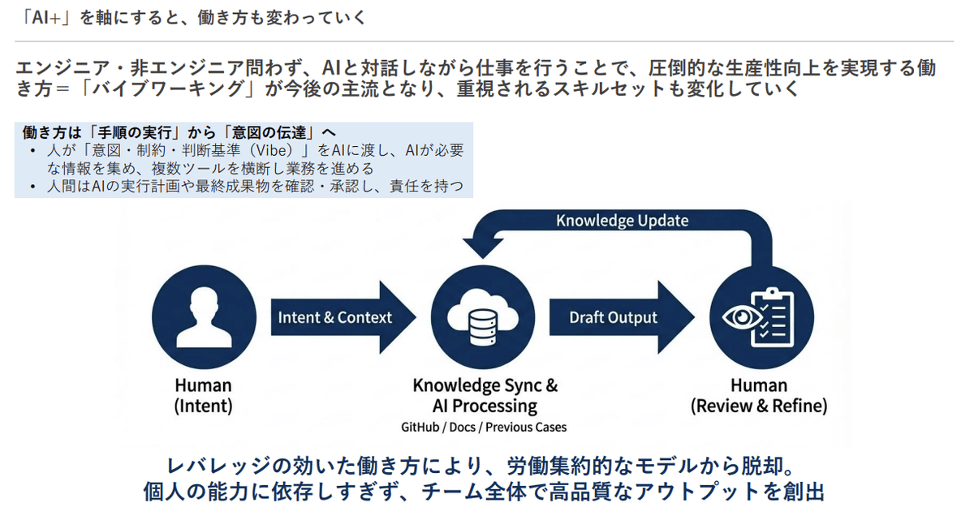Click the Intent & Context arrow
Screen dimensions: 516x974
[x=334, y=317]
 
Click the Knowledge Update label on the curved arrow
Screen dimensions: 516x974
[x=622, y=221]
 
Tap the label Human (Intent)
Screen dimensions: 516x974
[x=203, y=395]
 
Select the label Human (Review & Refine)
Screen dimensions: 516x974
[x=758, y=395]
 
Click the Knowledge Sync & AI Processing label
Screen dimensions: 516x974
[x=485, y=395]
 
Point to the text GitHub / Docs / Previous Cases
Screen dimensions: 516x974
[x=485, y=427]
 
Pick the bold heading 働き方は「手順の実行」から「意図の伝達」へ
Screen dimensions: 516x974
[x=179, y=132]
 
